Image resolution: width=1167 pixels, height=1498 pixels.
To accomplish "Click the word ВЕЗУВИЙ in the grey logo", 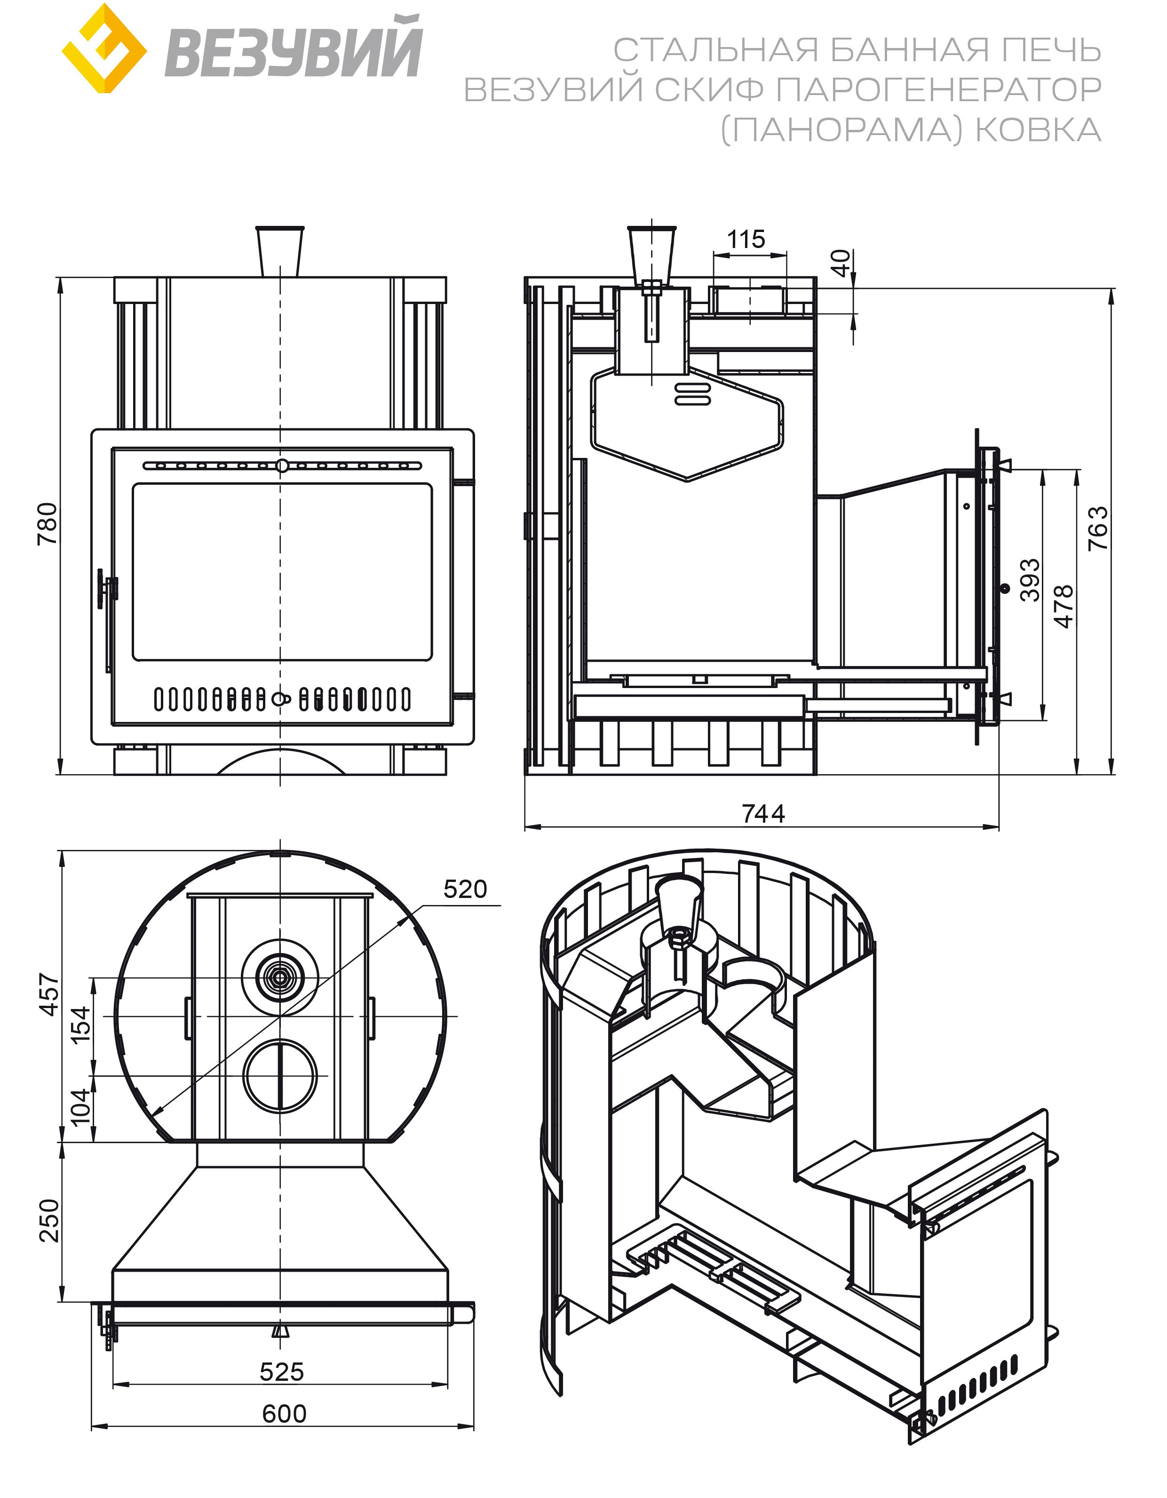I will [x=293, y=50].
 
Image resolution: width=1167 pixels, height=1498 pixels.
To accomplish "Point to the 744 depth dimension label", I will [x=762, y=813].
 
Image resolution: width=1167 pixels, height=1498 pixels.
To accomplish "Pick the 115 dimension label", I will [x=746, y=240].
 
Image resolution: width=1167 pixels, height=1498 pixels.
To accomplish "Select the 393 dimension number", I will [x=1030, y=580].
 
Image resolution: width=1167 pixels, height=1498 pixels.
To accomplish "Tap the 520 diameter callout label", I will [x=465, y=889].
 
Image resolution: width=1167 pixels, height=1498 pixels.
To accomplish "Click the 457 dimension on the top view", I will [x=50, y=994].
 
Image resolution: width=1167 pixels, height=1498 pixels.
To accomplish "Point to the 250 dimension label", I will [x=50, y=1220].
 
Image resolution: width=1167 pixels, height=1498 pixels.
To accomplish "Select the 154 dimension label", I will [x=81, y=1024].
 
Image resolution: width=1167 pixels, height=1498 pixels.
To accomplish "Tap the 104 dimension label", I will [x=81, y=1106].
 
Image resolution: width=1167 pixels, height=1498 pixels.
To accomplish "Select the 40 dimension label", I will [x=842, y=264].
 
